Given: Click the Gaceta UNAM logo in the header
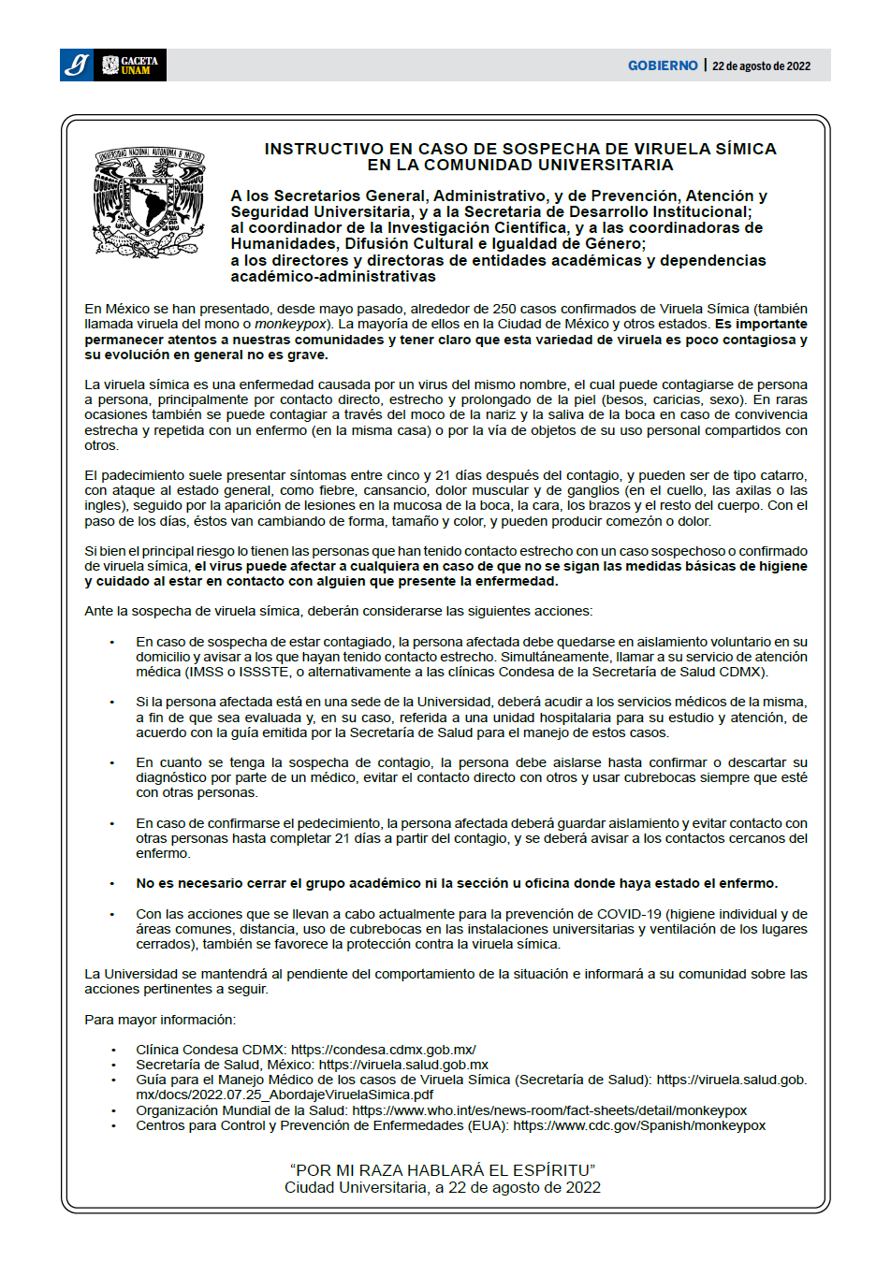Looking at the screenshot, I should (130, 65).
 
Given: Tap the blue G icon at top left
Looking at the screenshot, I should (77, 65).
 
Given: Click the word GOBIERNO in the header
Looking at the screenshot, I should (663, 65).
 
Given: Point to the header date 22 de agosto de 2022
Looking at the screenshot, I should (761, 66).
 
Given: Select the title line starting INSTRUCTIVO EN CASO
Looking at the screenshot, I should (520, 149).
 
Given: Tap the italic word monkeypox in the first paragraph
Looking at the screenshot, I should (290, 324).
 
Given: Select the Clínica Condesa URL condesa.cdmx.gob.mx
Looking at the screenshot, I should (383, 1050).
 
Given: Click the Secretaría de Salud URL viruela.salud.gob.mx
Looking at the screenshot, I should (403, 1065).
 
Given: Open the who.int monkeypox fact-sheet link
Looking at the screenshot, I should (549, 1110).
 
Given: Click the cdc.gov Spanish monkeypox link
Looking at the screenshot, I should (639, 1125).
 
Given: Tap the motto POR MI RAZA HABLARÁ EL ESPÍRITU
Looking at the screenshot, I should (443, 1170).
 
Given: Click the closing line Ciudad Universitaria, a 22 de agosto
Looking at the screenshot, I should (443, 1187).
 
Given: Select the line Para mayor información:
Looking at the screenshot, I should (160, 1020).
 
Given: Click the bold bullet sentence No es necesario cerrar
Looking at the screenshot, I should (457, 883).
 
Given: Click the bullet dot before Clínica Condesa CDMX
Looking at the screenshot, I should (113, 1051).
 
